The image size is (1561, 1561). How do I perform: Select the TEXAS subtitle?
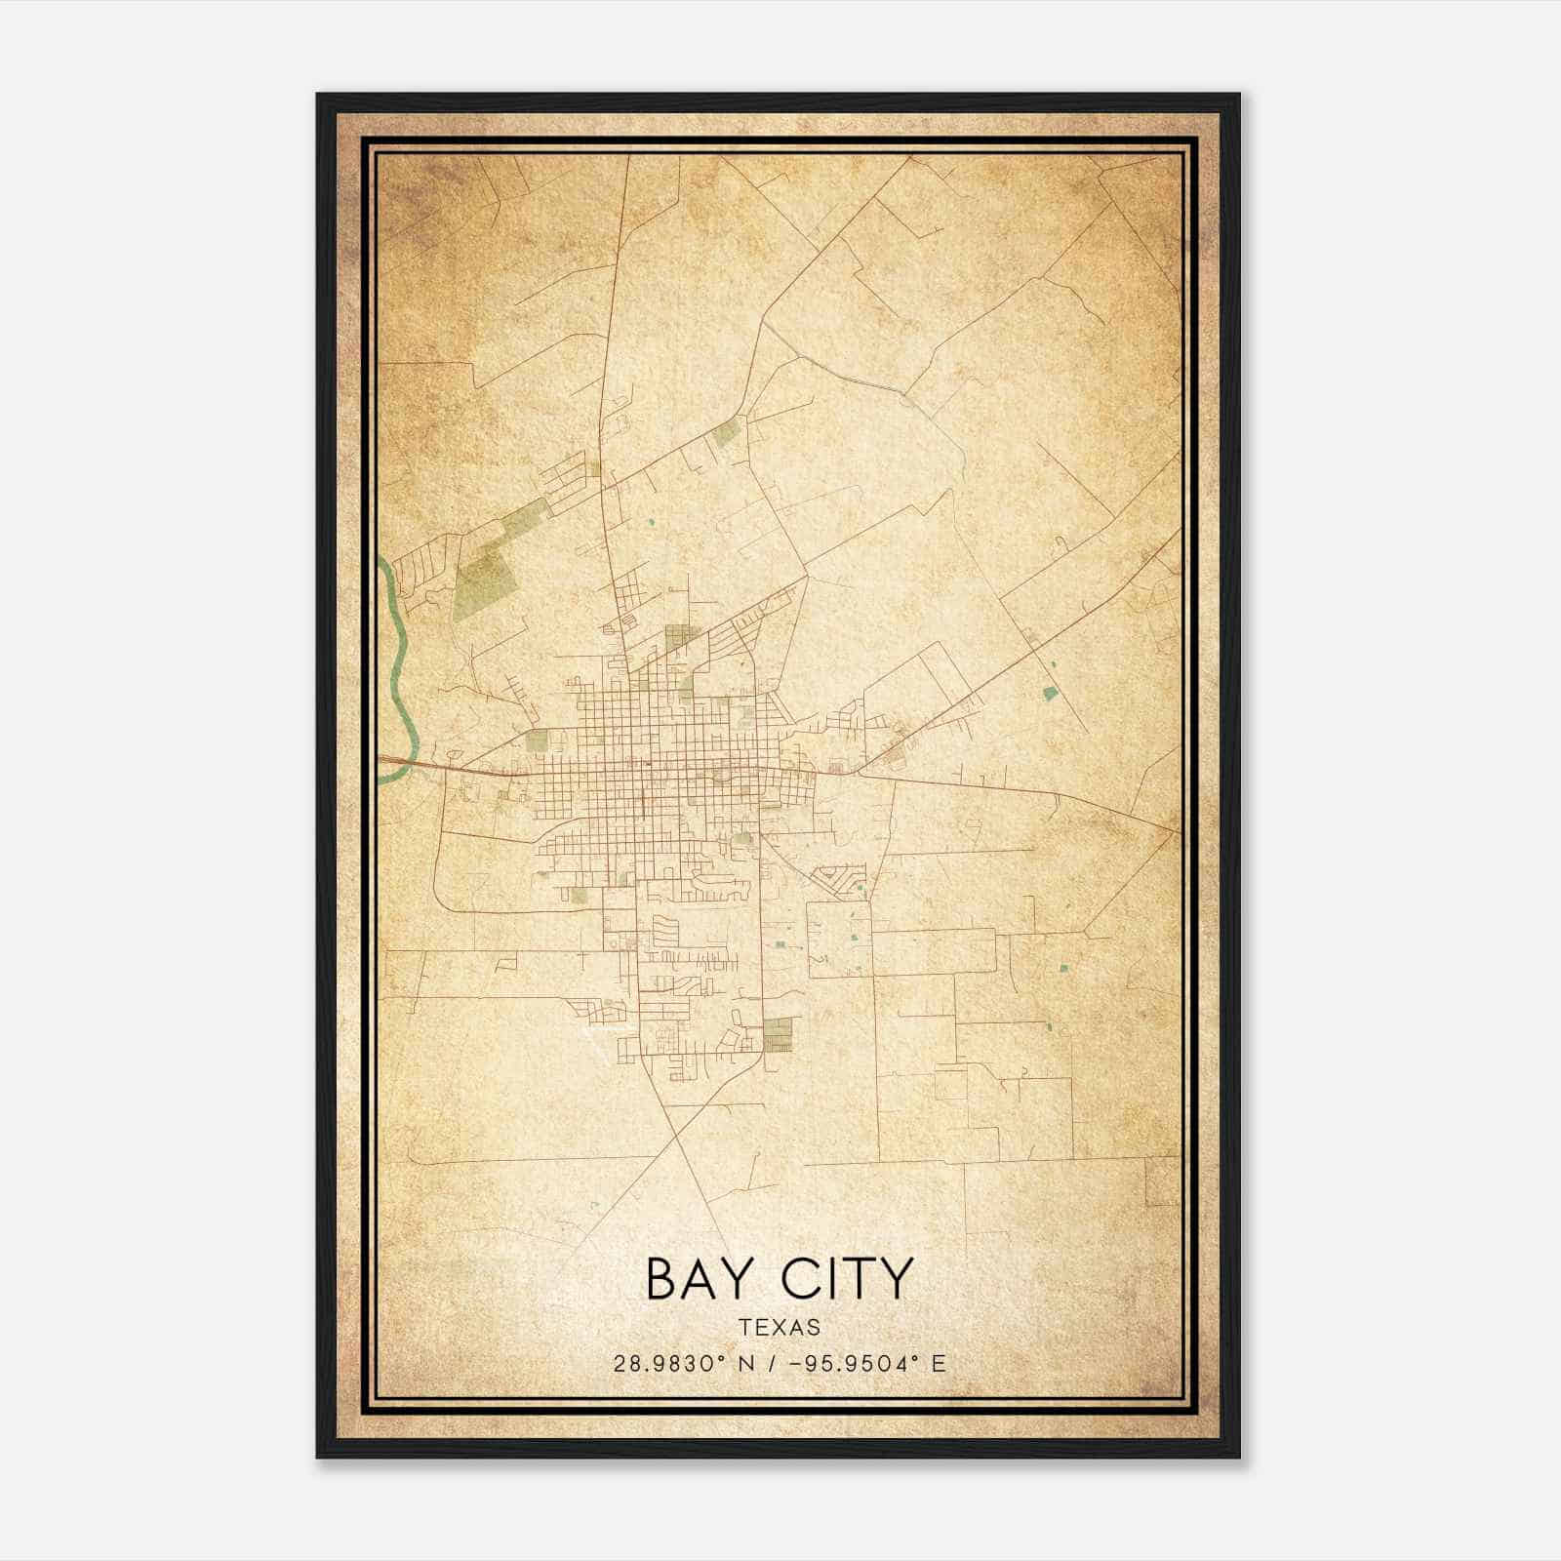click(780, 1328)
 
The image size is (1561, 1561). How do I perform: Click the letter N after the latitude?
click(749, 1364)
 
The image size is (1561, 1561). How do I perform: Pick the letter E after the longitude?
click(939, 1364)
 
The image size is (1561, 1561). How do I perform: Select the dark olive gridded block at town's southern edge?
click(778, 1034)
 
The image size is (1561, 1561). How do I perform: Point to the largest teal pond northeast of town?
click(1050, 694)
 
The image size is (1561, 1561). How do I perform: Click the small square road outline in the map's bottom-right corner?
click(1162, 1181)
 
